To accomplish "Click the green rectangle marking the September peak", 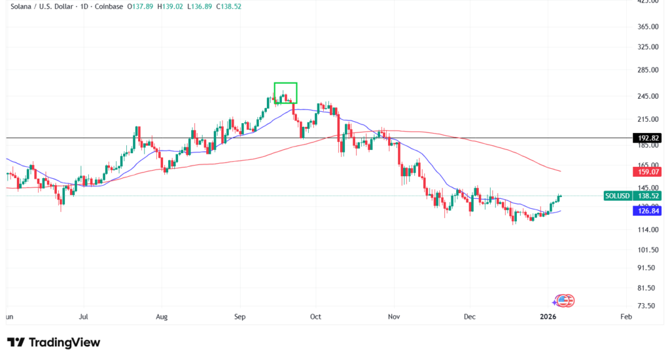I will click(x=285, y=93).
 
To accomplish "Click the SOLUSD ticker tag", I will click(x=618, y=196).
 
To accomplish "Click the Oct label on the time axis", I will click(x=316, y=317).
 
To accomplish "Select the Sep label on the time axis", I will click(x=239, y=317).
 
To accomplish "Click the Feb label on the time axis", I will click(x=625, y=317).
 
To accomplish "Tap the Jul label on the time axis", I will click(x=83, y=317).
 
